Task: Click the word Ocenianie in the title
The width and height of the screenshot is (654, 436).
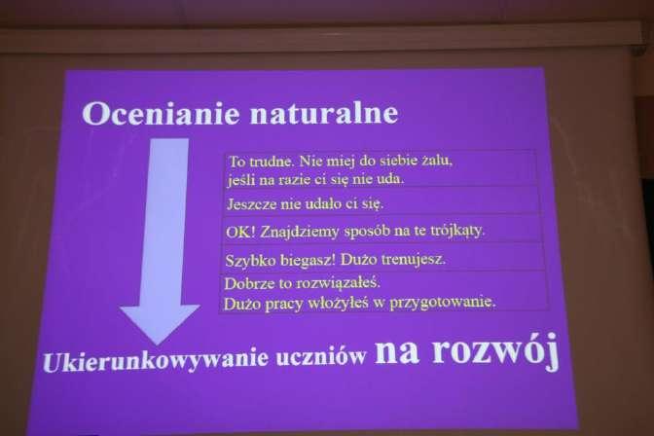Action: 161,113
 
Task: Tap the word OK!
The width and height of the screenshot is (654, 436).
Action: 240,232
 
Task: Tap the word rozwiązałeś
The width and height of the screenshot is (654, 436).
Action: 339,283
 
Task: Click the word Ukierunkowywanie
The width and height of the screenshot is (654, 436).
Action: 156,360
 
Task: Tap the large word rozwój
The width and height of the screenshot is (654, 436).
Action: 495,351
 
